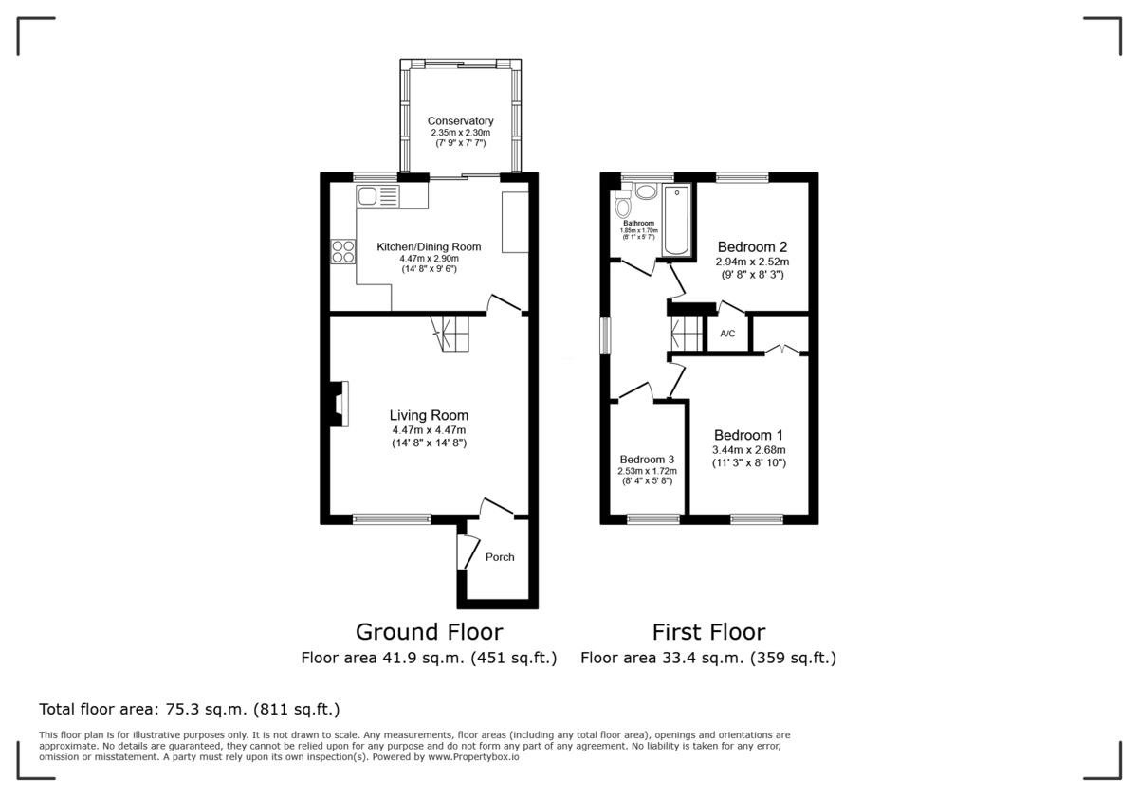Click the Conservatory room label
coord(460,121)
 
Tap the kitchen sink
coord(378,197)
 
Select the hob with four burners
coord(342,251)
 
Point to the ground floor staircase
coord(450,333)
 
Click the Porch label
coord(500,557)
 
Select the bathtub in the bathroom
coord(677,220)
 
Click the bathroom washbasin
coord(646,191)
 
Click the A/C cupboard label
coord(727,334)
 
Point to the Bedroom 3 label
coord(646,460)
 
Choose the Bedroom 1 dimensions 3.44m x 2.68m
coord(748,450)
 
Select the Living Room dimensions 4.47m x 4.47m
coord(429,430)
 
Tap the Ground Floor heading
coord(429,632)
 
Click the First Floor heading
coord(707,632)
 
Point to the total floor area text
coord(189,709)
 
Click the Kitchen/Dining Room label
coord(429,246)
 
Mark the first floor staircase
coord(684,334)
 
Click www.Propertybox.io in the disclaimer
coord(472,757)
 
